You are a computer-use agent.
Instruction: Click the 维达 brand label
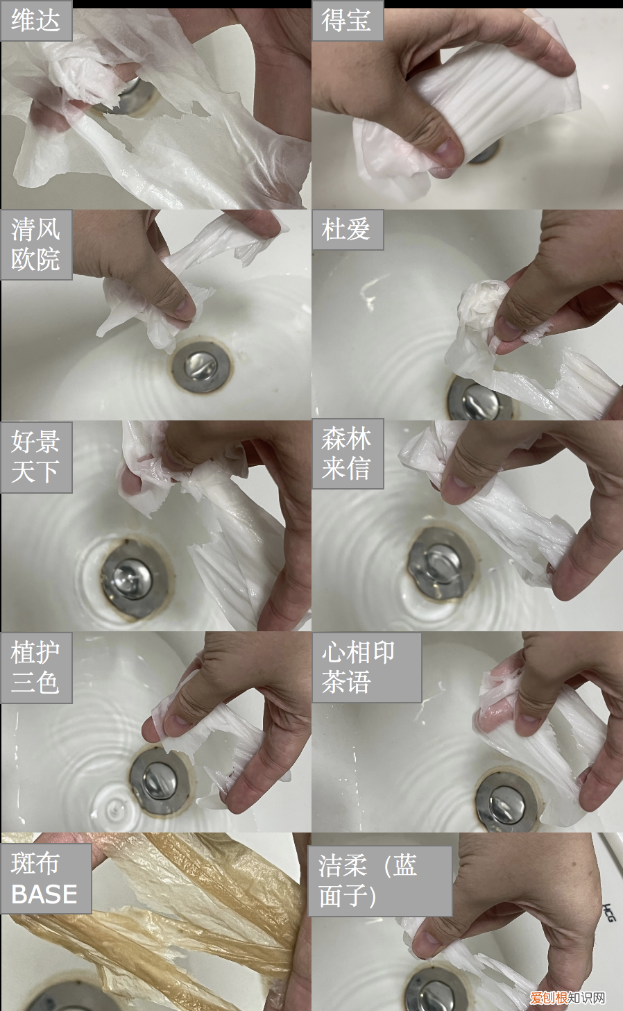(x=36, y=21)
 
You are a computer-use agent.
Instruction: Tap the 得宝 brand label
(x=348, y=21)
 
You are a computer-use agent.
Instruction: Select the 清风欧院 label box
(x=36, y=244)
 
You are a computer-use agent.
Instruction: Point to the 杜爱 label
(x=348, y=230)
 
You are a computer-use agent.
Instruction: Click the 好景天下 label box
(x=36, y=457)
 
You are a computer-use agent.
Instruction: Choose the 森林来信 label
(x=348, y=454)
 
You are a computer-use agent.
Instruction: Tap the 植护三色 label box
(x=36, y=668)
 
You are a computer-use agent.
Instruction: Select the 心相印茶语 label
(x=366, y=667)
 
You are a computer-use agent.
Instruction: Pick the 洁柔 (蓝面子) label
(x=379, y=881)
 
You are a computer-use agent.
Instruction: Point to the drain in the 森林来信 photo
(x=443, y=564)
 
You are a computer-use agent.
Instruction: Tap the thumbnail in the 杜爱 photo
(x=508, y=328)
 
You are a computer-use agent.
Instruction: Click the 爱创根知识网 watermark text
(x=567, y=996)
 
